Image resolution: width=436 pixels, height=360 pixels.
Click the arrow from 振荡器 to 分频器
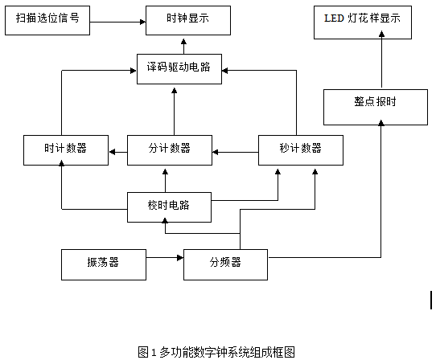pyautogui.click(x=165, y=258)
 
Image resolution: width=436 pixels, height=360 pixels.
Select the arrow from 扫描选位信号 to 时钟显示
pyautogui.click(x=118, y=22)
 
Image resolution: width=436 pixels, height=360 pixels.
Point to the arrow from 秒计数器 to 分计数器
pyautogui.click(x=235, y=152)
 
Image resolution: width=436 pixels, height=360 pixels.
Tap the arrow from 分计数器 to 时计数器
pyautogui.click(x=118, y=152)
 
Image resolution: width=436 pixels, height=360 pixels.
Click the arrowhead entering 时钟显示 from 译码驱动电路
pyautogui.click(x=183, y=42)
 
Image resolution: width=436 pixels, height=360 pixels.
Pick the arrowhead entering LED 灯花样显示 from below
pyautogui.click(x=382, y=35)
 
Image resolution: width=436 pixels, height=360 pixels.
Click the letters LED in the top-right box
pyautogui.click(x=334, y=18)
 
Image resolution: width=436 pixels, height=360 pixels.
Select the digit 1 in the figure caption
pyautogui.click(x=154, y=353)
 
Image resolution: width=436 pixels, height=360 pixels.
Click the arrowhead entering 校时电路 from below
pyautogui.click(x=165, y=221)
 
